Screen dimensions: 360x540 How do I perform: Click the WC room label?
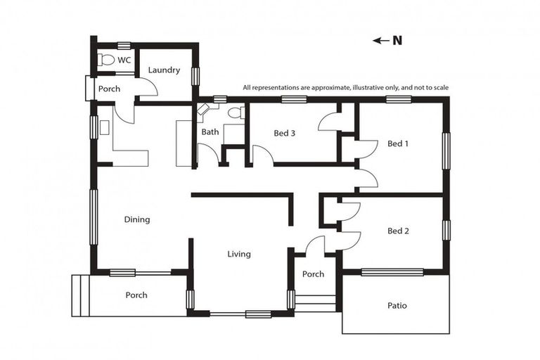(124, 60)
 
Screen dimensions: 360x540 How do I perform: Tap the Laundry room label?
(164, 70)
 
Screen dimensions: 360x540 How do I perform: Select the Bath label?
(210, 131)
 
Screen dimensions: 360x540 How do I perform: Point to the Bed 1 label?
(397, 143)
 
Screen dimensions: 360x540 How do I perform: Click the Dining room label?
(137, 219)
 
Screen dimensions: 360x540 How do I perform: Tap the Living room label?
(239, 254)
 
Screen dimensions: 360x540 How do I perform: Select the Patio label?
(397, 306)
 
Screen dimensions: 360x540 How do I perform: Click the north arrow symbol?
(380, 41)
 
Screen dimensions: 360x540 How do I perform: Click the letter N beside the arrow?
(397, 41)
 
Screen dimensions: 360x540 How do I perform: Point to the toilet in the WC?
(106, 60)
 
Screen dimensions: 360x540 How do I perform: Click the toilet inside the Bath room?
(236, 112)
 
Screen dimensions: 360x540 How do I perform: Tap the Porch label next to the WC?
(109, 89)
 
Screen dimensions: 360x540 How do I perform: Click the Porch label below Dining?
(136, 295)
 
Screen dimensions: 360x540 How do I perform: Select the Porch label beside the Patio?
(313, 274)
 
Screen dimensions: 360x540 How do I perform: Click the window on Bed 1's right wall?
(445, 150)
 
